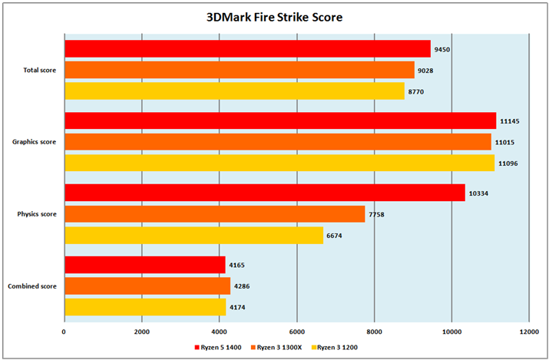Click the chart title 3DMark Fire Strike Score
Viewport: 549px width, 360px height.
coord(274,16)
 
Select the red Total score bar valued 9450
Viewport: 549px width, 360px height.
coord(247,49)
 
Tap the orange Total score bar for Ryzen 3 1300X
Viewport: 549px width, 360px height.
coord(239,70)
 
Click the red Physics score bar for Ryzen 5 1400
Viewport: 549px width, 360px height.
coord(265,193)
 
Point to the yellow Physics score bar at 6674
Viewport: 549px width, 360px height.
coord(193,235)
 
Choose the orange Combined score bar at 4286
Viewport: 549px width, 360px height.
coord(147,286)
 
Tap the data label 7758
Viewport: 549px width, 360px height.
coord(379,214)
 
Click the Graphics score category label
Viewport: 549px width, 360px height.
coord(33,142)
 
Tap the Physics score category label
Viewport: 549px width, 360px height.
coord(35,214)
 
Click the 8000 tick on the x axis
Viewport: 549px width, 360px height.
coord(374,332)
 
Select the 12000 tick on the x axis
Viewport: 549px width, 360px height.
coord(528,332)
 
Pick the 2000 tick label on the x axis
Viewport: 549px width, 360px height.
coord(141,332)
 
